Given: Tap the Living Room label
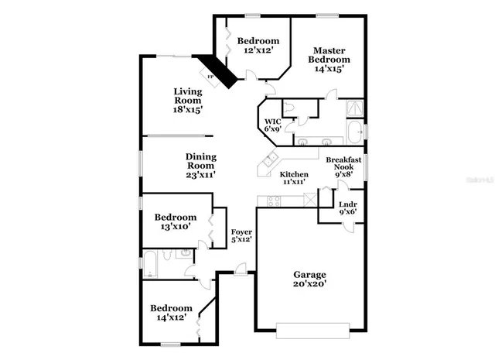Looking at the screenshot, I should [187, 95].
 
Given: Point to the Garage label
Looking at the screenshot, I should [309, 274].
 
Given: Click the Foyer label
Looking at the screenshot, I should [241, 231].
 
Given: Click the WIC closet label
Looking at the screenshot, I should [272, 122].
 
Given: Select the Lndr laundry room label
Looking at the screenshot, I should [347, 204].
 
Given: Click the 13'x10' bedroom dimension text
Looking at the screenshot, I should [175, 227].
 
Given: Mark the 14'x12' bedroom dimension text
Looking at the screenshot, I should [170, 317].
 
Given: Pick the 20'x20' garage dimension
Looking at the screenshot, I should [309, 284].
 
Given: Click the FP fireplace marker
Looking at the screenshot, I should [210, 76].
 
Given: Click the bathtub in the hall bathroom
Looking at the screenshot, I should [152, 264].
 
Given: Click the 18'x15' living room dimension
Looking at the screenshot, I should [187, 110].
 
